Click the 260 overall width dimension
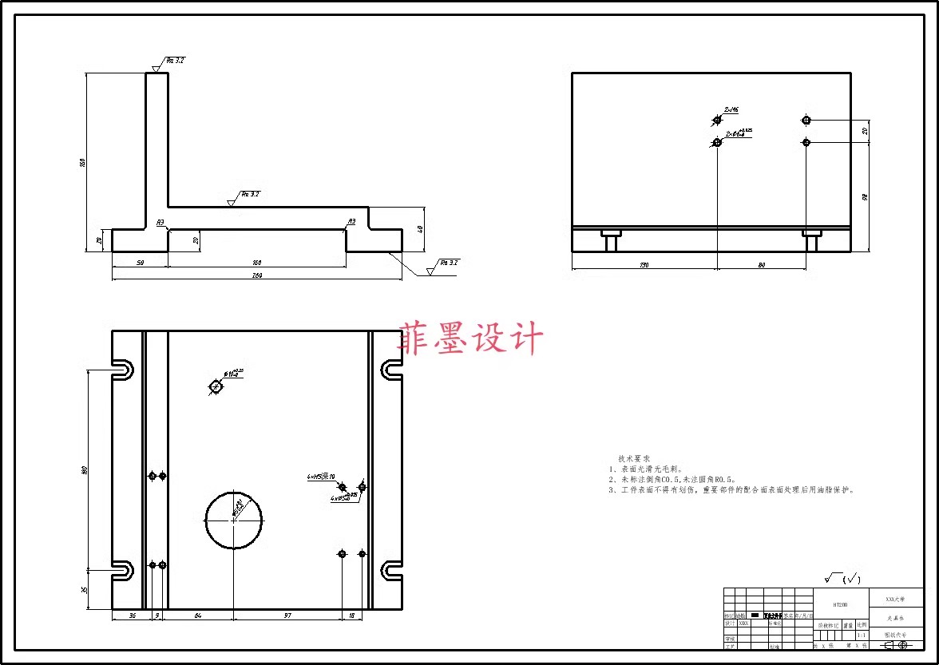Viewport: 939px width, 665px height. (257, 276)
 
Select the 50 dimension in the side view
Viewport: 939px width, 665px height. (140, 262)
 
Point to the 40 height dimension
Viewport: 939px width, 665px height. (420, 228)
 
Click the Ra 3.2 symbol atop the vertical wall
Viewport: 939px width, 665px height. (174, 61)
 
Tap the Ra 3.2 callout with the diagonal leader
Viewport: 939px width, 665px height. (448, 263)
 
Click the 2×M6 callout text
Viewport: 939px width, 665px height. (731, 110)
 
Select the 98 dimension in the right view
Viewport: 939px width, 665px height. (866, 196)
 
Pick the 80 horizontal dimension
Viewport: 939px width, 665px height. (761, 264)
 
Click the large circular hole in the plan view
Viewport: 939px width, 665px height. (234, 520)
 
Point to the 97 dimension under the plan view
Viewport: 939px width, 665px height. (287, 616)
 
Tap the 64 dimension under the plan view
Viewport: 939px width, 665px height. (197, 616)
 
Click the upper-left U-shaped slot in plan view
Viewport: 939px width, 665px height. (122, 370)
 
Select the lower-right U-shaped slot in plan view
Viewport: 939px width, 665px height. (391, 570)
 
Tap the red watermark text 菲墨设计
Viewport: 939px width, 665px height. (471, 338)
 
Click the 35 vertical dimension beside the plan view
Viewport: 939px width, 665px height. (84, 590)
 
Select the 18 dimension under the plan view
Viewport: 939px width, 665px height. (352, 616)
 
